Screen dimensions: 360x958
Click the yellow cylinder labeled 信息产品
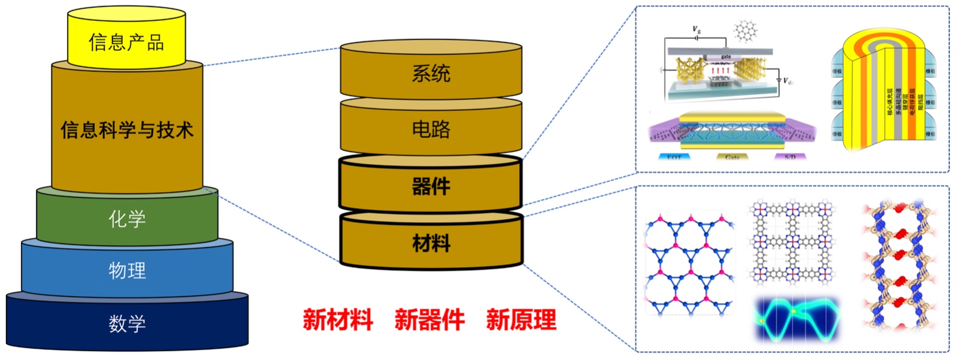[x=126, y=41]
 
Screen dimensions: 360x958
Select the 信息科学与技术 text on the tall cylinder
[x=127, y=129]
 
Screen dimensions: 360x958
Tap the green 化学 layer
[x=127, y=219]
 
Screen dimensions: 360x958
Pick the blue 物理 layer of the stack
[x=127, y=270]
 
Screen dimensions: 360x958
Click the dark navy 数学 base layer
[x=127, y=323]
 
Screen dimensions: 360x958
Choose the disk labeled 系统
[x=431, y=74]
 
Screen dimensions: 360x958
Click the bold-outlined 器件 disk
[x=431, y=186]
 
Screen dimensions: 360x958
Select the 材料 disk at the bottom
[x=431, y=243]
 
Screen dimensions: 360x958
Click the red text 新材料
[x=338, y=319]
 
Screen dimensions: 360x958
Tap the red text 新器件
[x=429, y=319]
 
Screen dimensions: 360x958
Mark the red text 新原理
[x=521, y=319]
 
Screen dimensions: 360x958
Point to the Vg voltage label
[x=696, y=29]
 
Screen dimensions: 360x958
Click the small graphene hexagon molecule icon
[x=745, y=30]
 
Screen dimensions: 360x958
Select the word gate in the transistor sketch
[x=726, y=57]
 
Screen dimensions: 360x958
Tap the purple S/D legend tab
[x=790, y=157]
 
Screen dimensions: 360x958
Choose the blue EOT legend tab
[x=674, y=157]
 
